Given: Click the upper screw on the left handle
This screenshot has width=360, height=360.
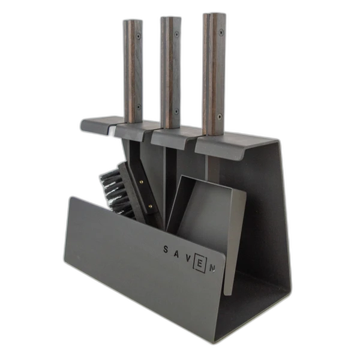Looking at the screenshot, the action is coord(139,36).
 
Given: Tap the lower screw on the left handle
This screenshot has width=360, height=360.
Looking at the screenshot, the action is coord(139,107).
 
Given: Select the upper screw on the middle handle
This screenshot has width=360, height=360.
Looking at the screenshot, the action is coord(176,34).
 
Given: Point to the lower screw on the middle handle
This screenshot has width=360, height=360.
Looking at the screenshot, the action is coord(176,112).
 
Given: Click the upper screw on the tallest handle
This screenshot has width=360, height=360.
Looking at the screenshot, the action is coord(221,32).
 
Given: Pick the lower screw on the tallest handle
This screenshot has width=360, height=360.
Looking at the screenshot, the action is coord(220,116).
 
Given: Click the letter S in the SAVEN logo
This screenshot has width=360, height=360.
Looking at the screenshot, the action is coord(166,249).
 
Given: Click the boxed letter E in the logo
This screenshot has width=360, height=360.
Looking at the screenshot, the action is coord(200,264).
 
